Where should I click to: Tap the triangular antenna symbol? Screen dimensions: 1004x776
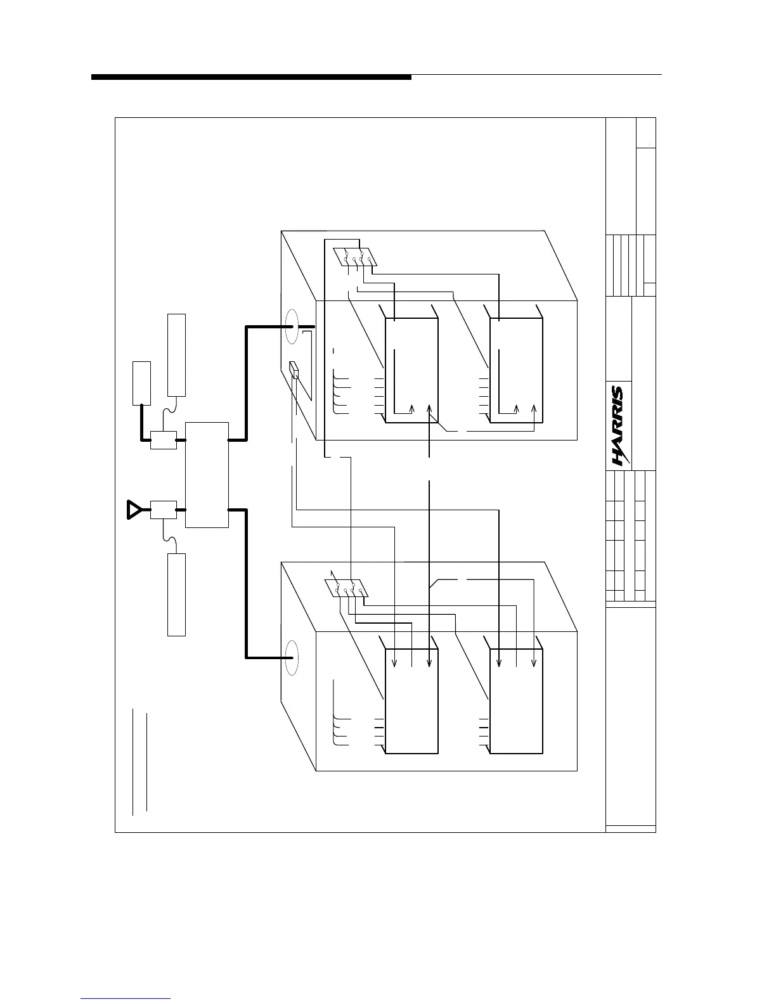point(134,509)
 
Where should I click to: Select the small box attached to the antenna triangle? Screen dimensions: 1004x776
point(163,510)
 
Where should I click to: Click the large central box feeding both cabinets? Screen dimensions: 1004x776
point(207,474)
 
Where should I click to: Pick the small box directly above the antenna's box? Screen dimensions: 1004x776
point(163,439)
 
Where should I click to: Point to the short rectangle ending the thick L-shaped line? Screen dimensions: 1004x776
point(141,382)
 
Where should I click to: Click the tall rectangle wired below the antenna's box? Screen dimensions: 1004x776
point(176,594)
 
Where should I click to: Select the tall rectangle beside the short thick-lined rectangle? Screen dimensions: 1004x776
point(176,354)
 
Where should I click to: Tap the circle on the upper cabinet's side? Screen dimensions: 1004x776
point(292,326)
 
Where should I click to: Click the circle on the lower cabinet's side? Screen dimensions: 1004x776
point(292,659)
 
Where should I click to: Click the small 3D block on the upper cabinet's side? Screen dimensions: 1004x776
point(294,371)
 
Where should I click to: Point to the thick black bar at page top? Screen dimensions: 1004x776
point(251,77)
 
